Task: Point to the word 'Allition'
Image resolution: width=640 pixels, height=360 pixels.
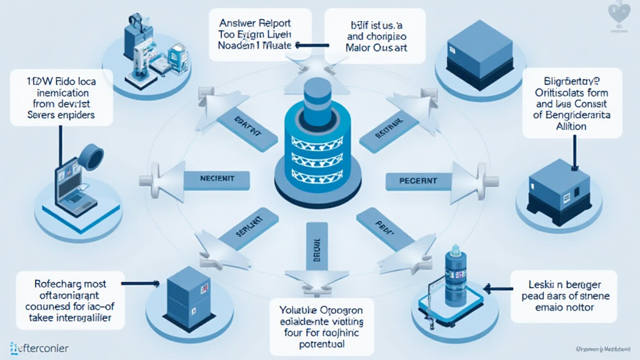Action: pos(569,126)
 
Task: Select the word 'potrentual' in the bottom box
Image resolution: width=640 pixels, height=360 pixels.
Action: pos(323,344)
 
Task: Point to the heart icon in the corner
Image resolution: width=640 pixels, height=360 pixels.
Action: pos(619,12)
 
